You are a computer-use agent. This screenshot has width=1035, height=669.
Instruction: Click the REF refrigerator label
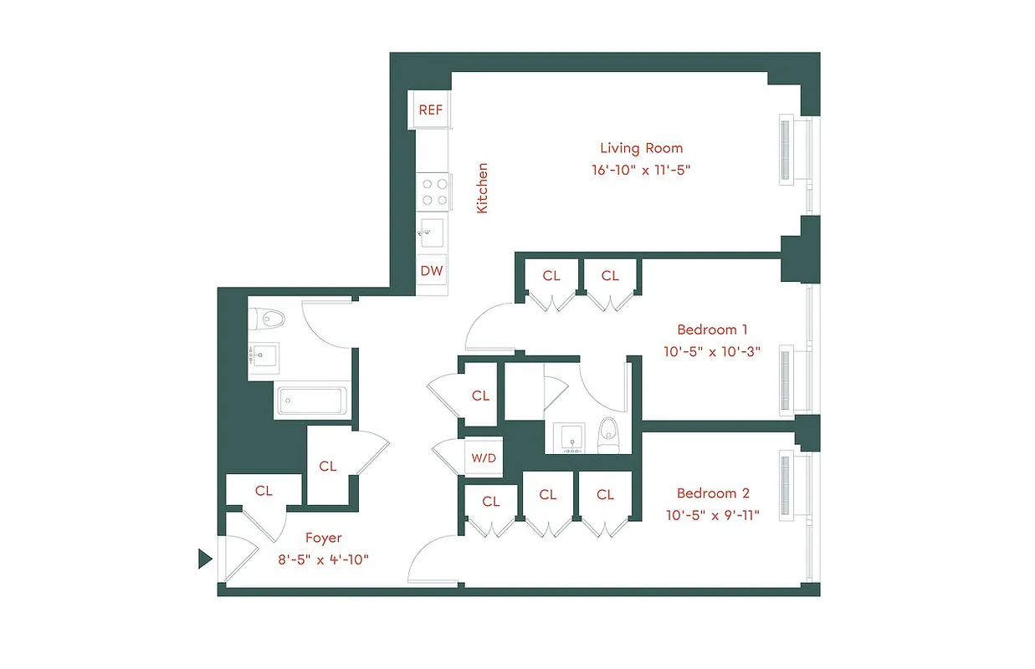pyautogui.click(x=430, y=110)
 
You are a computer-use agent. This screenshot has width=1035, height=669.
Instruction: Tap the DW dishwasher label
pyautogui.click(x=432, y=271)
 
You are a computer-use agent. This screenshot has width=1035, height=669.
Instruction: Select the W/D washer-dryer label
pyautogui.click(x=484, y=457)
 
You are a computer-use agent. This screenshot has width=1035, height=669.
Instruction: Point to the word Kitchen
pyautogui.click(x=483, y=188)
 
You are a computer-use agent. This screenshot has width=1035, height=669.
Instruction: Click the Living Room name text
pyautogui.click(x=641, y=148)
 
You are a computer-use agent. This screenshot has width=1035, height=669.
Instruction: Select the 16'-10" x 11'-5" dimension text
pyautogui.click(x=641, y=170)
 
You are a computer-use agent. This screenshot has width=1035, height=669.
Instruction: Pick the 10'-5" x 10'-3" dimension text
pyautogui.click(x=711, y=352)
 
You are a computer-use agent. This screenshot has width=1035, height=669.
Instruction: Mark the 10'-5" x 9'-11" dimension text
pyautogui.click(x=711, y=515)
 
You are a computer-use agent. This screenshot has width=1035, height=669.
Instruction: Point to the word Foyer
pyautogui.click(x=323, y=538)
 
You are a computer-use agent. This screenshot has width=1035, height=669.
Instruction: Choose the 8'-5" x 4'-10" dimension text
pyautogui.click(x=324, y=559)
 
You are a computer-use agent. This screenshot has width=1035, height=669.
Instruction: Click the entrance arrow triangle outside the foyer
pyautogui.click(x=204, y=559)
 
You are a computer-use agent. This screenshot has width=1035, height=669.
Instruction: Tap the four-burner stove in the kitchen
pyautogui.click(x=434, y=191)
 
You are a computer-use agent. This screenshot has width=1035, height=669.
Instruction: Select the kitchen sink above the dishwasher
pyautogui.click(x=433, y=232)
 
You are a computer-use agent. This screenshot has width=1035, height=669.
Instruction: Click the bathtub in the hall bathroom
pyautogui.click(x=312, y=400)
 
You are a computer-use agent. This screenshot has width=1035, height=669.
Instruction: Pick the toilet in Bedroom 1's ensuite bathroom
pyautogui.click(x=610, y=434)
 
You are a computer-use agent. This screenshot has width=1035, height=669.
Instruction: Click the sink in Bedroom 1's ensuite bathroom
pyautogui.click(x=573, y=437)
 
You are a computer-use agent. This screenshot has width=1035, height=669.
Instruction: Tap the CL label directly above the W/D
pyautogui.click(x=480, y=396)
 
